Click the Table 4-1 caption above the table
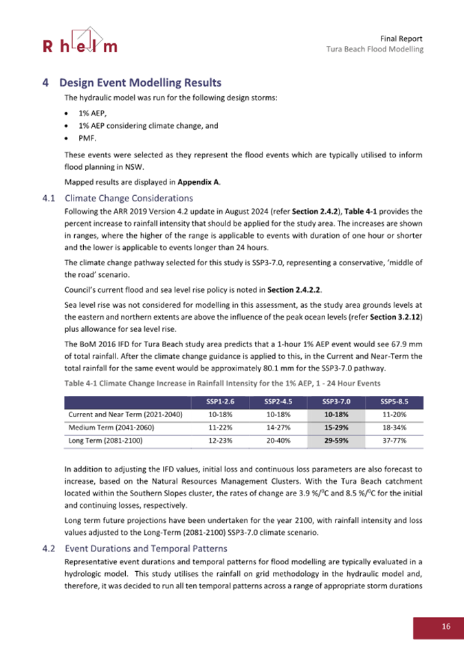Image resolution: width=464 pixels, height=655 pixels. click(x=223, y=382)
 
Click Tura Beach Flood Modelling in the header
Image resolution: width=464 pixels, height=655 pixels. click(x=375, y=49)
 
